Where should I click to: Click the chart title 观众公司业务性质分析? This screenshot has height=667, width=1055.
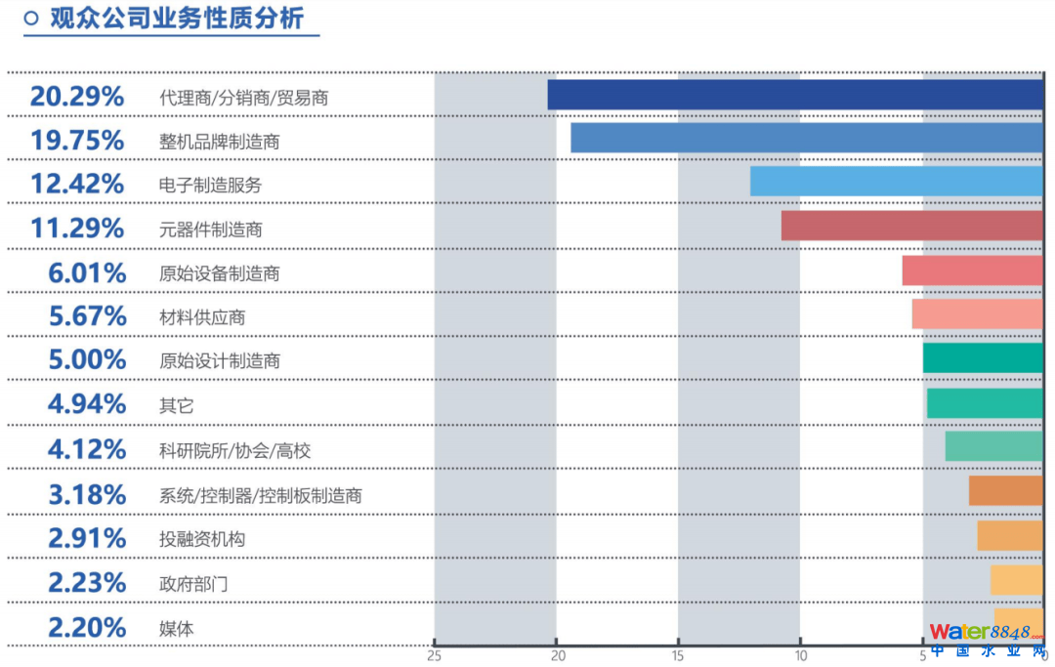[x=177, y=18]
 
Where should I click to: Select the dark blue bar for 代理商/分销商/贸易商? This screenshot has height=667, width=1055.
[x=795, y=95]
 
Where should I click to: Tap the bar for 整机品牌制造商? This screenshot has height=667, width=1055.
[x=807, y=138]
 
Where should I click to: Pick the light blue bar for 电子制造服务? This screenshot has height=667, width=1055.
[x=897, y=182]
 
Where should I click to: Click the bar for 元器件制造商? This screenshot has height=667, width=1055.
[x=912, y=226]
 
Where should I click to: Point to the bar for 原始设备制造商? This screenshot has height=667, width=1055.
[x=973, y=271]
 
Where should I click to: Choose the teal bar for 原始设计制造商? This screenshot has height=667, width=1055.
[x=983, y=358]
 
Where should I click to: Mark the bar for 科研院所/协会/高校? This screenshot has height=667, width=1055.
[x=994, y=446]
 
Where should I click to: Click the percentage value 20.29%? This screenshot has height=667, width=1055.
[x=77, y=97]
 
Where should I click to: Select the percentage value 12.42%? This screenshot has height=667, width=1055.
[x=77, y=184]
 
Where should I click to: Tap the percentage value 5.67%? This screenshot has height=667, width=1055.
[x=87, y=316]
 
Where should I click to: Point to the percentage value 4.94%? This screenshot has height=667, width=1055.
[x=87, y=403]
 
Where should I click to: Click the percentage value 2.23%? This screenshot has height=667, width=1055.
[x=87, y=583]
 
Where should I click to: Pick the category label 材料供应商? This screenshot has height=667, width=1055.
[x=202, y=317]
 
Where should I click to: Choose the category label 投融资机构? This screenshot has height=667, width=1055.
[x=202, y=539]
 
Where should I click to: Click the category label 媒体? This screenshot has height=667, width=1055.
[x=177, y=628]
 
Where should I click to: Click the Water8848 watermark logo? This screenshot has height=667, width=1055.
[x=987, y=640]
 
